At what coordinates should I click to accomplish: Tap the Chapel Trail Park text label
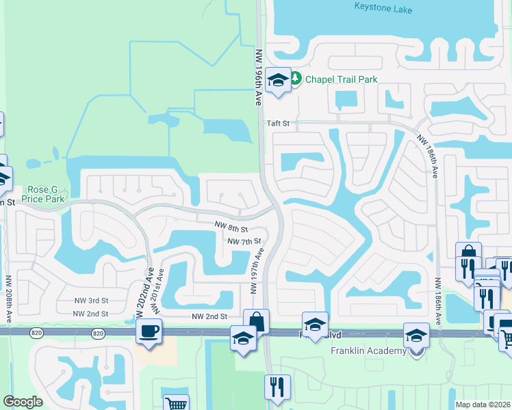pyautogui.click(x=341, y=79)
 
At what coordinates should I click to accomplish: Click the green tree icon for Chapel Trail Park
pyautogui.click(x=296, y=79)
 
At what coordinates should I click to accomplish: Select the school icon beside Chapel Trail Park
pyautogui.click(x=278, y=81)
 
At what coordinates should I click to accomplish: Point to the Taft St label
pyautogui.click(x=278, y=124)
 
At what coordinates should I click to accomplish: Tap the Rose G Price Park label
pyautogui.click(x=46, y=194)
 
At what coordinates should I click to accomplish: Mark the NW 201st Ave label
pyautogui.click(x=159, y=290)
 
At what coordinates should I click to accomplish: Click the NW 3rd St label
pyautogui.click(x=92, y=300)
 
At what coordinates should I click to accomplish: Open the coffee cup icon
pyautogui.click(x=148, y=332)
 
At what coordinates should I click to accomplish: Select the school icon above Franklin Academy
pyautogui.click(x=415, y=336)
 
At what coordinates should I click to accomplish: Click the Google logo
pyautogui.click(x=23, y=401)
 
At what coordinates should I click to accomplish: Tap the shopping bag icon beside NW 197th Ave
pyautogui.click(x=256, y=320)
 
